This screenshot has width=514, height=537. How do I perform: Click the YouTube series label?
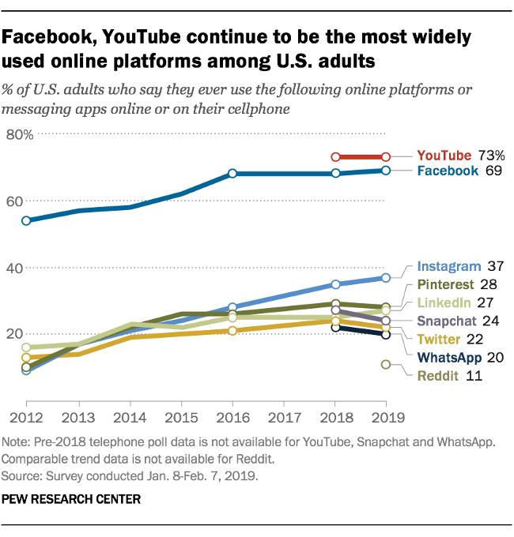(444, 156)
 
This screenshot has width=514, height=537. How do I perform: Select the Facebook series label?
(448, 171)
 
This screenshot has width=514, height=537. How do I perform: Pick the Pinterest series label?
(445, 284)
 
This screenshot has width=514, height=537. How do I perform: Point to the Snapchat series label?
(447, 321)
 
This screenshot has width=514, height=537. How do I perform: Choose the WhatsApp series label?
(449, 358)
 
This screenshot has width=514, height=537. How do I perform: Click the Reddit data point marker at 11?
(386, 365)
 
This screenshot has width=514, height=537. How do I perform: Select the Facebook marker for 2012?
(26, 221)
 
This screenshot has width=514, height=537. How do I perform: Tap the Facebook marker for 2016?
(232, 173)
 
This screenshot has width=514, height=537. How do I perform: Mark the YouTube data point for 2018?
(335, 157)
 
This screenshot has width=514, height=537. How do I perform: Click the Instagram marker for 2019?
(386, 278)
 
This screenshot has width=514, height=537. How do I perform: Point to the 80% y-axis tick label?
(19, 134)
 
